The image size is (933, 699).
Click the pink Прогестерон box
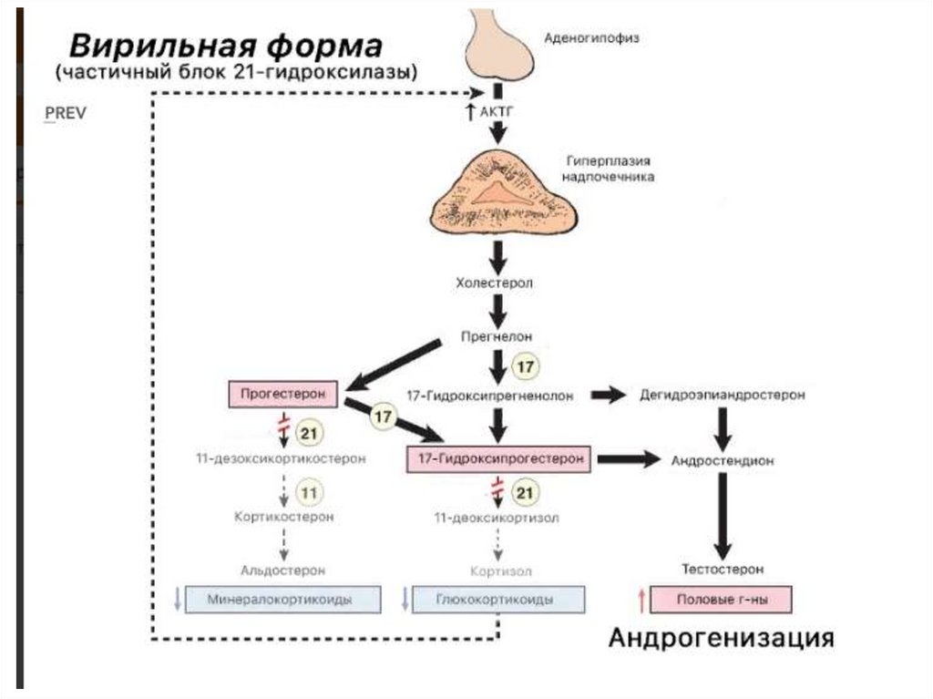click(x=282, y=395)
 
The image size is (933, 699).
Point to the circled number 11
click(x=310, y=493)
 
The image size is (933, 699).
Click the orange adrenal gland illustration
click(x=497, y=192)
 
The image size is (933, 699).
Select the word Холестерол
click(x=496, y=283)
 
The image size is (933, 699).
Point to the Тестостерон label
click(x=722, y=570)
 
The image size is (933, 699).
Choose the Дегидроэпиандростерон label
click(x=723, y=396)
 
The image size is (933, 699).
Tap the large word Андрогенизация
click(x=721, y=636)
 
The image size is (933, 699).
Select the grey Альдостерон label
click(x=282, y=570)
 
